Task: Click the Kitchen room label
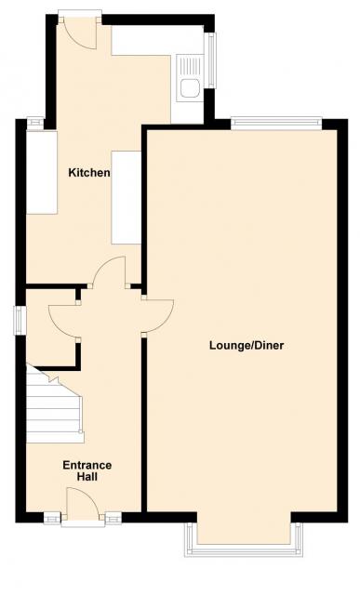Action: [89, 173]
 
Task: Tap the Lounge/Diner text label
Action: [247, 346]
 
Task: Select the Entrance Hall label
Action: [87, 470]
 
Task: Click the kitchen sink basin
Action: [191, 88]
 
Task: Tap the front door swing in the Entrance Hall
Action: [83, 502]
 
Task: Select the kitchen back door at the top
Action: [81, 33]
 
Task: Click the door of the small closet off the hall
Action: [63, 321]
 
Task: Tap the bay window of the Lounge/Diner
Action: [244, 539]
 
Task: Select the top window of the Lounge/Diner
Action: [276, 124]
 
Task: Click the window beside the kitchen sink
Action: [209, 60]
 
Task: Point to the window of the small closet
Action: [20, 321]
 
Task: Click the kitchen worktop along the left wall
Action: [41, 173]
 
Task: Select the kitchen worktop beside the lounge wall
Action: [127, 197]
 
